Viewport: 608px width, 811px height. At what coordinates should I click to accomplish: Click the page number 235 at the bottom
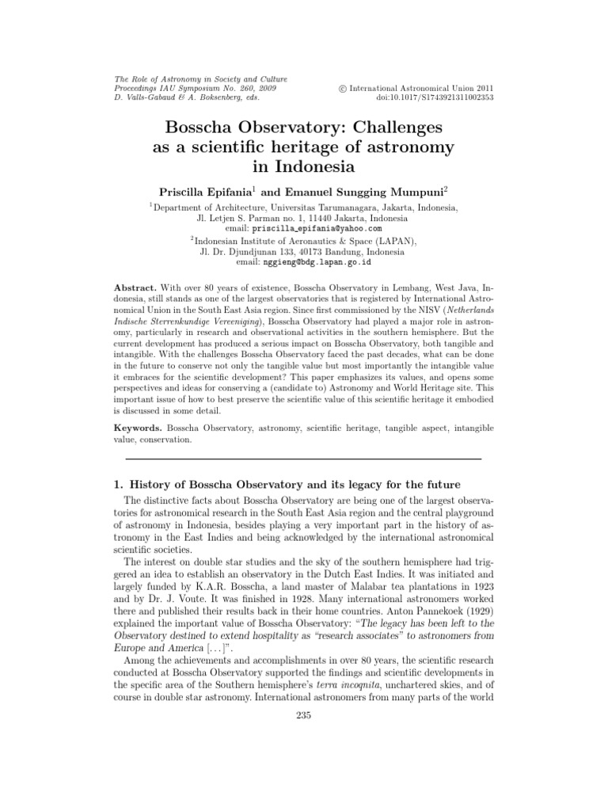(x=304, y=717)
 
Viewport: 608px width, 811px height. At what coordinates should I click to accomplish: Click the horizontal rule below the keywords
(x=304, y=459)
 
